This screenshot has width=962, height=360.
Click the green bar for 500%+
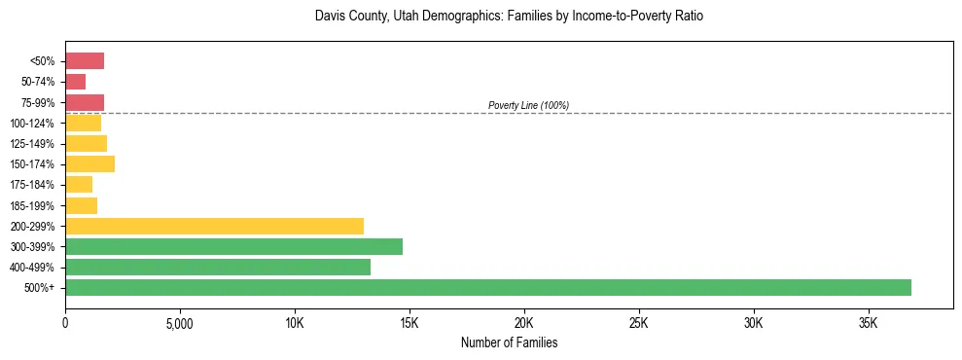tap(488, 287)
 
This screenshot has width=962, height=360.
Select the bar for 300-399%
tap(233, 246)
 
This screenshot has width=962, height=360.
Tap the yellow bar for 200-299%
tap(214, 226)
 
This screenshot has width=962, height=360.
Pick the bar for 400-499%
tap(218, 267)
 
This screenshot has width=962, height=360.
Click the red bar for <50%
tap(85, 61)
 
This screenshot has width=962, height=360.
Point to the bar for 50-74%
tap(76, 82)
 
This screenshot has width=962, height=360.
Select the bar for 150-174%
tap(89, 164)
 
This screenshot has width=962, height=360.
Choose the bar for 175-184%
tap(79, 185)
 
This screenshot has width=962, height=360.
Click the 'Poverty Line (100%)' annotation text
tap(528, 105)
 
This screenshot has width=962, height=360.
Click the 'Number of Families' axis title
tap(509, 342)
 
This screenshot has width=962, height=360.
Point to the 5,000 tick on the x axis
tap(180, 322)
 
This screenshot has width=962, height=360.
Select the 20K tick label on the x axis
tap(524, 322)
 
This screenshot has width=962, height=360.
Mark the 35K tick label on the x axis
tap(869, 322)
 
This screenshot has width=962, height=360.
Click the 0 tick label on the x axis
tap(65, 322)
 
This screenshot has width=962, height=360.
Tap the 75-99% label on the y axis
tap(38, 103)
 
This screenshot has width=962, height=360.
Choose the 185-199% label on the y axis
tap(35, 205)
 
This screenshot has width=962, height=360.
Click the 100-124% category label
tap(35, 124)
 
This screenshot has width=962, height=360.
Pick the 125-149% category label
tap(35, 144)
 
